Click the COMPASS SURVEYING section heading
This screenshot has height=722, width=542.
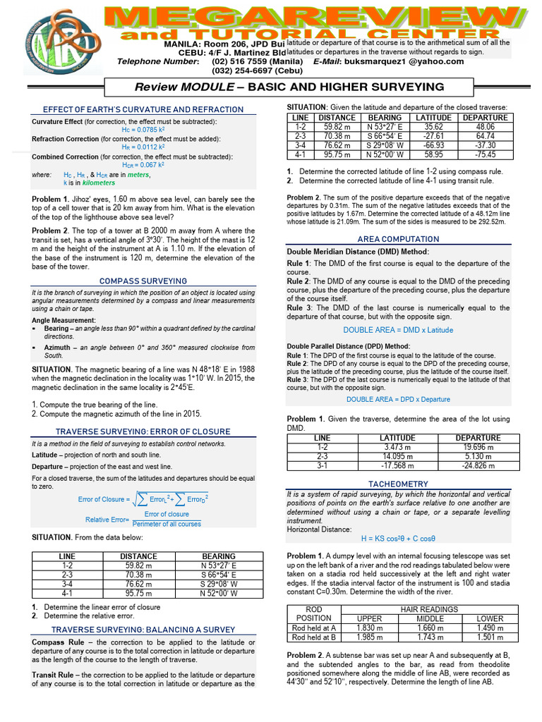(143, 281)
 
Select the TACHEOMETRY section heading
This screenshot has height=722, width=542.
(398, 484)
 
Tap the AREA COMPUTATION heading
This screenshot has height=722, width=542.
(398, 240)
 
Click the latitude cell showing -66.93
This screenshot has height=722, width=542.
(433, 145)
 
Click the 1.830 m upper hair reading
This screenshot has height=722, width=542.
(370, 628)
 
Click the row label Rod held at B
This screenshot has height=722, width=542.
(313, 637)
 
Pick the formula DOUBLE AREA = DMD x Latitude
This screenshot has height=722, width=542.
(398, 330)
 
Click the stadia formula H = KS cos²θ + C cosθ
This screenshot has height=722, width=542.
(398, 538)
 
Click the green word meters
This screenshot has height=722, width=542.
(138, 174)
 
